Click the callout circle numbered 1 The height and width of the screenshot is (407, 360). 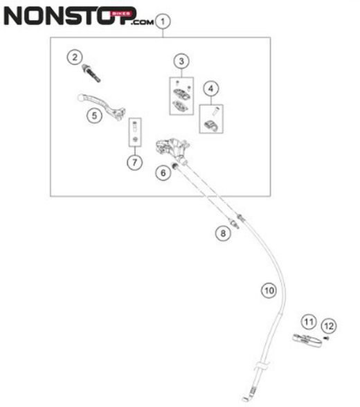tap(163, 21)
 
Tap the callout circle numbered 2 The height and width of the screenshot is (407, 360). tap(75, 57)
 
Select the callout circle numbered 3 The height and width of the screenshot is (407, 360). tap(181, 61)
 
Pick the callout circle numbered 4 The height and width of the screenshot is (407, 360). tap(210, 89)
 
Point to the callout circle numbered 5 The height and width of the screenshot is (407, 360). tap(94, 116)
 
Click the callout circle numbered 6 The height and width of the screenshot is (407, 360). tap(163, 172)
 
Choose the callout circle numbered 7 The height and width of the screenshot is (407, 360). tap(135, 163)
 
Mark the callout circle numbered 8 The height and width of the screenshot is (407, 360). tap(223, 233)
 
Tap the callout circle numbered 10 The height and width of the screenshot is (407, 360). tap(269, 290)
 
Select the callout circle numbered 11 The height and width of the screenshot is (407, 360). tap(309, 322)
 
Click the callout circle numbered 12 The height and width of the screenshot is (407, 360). tap(329, 326)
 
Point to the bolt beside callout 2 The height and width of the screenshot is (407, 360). tap(91, 73)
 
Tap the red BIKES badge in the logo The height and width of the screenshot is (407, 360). tap(121, 14)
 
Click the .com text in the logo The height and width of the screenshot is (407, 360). tap(143, 22)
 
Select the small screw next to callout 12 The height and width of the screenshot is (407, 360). tap(327, 338)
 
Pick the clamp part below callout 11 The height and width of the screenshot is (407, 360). tap(307, 341)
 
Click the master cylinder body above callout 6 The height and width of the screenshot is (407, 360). tap(172, 150)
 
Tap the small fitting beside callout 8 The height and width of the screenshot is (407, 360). tap(235, 223)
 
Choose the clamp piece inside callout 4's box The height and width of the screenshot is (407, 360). tap(210, 125)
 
